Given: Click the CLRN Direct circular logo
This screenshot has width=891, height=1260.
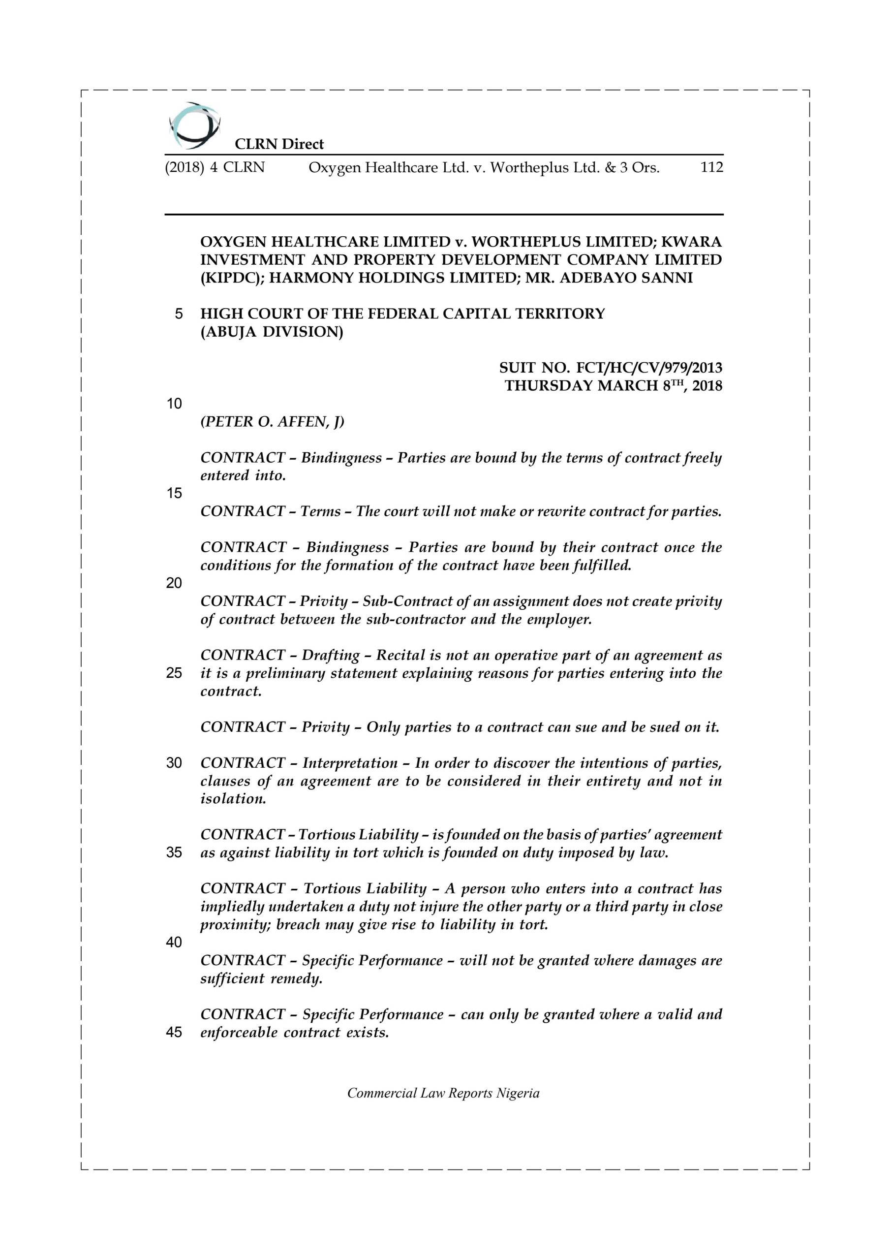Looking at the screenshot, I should point(194,126).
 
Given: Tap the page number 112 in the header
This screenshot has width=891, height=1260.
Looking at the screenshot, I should point(711,167).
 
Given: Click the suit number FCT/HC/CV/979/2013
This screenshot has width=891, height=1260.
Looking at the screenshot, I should point(649,368).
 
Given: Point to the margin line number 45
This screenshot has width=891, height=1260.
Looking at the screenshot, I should point(174,1032).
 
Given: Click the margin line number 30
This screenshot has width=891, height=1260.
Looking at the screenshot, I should point(174,763).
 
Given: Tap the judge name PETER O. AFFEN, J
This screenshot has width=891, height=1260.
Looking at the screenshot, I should point(272,421).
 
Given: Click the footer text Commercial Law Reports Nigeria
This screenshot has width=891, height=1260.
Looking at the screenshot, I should point(443,1093).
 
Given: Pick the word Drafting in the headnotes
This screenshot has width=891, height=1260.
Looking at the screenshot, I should point(331,655).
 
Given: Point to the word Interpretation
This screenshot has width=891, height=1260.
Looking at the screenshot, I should point(350,763).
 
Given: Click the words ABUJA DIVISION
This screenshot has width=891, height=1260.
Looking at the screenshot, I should point(272,332).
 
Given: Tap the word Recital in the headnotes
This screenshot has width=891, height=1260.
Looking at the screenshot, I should point(400,655).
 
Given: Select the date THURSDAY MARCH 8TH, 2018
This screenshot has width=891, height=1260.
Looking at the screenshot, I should point(614,386).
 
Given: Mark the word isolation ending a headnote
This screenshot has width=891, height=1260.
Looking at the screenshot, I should point(233,798).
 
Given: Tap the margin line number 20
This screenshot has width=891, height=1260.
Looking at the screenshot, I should point(174,583).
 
